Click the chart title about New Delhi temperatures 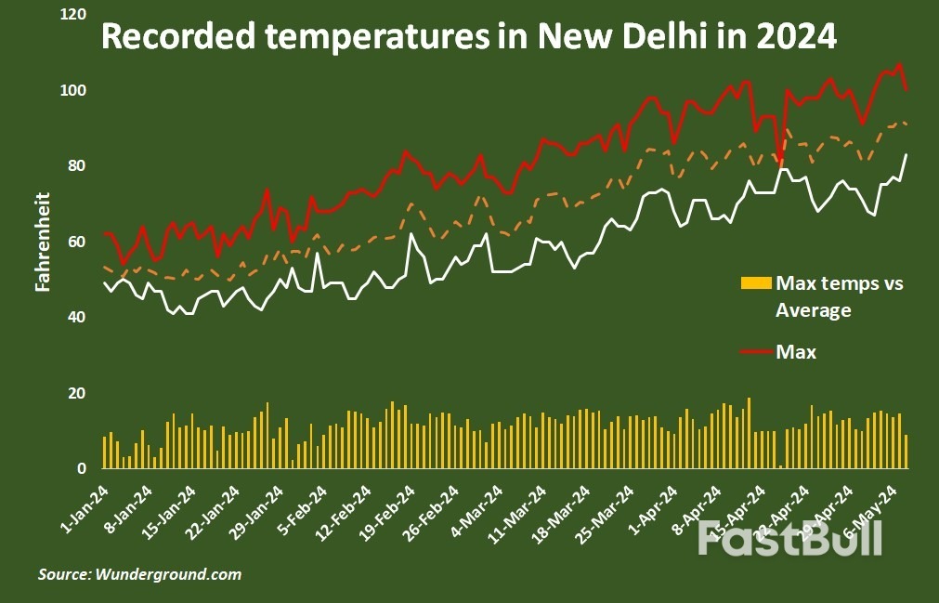click(469, 37)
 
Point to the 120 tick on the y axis click(73, 16)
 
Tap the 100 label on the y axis click(73, 91)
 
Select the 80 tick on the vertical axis click(77, 166)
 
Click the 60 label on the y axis click(77, 243)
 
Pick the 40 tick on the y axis click(77, 318)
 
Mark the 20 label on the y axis click(77, 394)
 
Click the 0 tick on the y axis click(82, 469)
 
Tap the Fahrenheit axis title click(43, 243)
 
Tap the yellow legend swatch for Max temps click(756, 282)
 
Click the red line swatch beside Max click(756, 352)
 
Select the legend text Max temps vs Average click(839, 296)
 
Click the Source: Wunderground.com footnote click(139, 574)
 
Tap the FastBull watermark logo click(789, 538)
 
